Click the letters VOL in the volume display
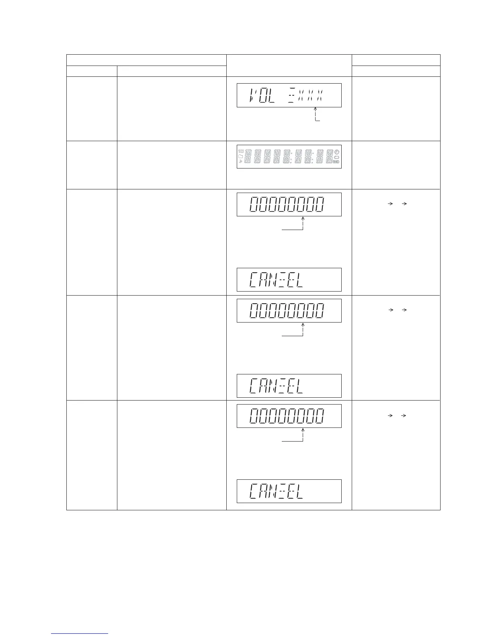(x=262, y=96)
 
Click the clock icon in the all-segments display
(x=336, y=152)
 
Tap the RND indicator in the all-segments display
(x=336, y=162)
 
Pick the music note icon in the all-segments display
(x=240, y=161)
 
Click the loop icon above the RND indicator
(x=336, y=157)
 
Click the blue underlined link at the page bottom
(x=80, y=634)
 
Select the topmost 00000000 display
(x=286, y=205)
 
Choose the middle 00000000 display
(x=286, y=311)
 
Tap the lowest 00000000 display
(x=286, y=416)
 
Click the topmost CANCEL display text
(x=276, y=280)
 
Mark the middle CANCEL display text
(x=276, y=386)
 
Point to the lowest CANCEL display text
(x=276, y=491)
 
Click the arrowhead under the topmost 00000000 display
(x=303, y=219)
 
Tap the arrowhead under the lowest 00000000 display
(x=303, y=430)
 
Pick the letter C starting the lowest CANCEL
(x=254, y=491)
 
